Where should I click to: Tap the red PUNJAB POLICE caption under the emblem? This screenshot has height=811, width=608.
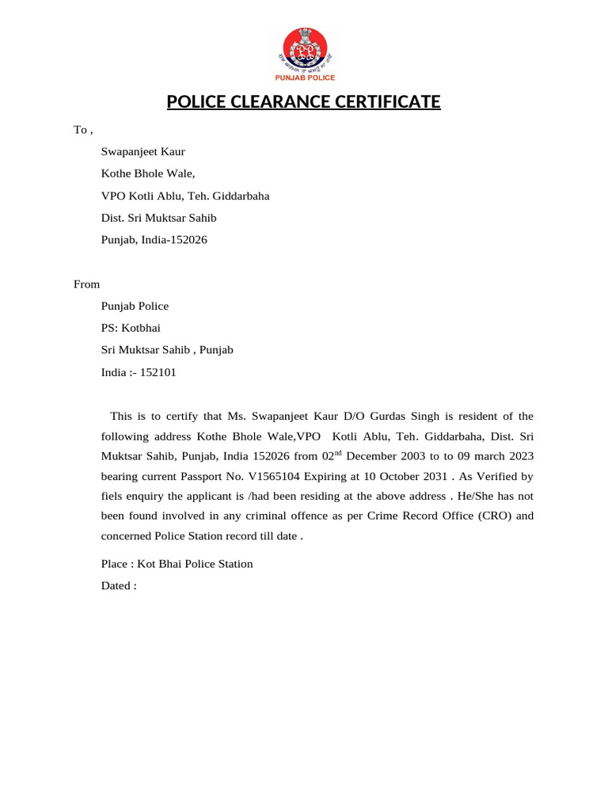coord(305,78)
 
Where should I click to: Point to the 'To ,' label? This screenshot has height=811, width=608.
coord(83,129)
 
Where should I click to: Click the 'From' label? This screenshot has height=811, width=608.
coord(86,284)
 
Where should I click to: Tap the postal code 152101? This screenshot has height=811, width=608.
coord(158,371)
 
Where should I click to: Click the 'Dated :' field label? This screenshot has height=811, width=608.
coord(119,586)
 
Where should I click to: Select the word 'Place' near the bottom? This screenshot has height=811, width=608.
coord(115,564)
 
